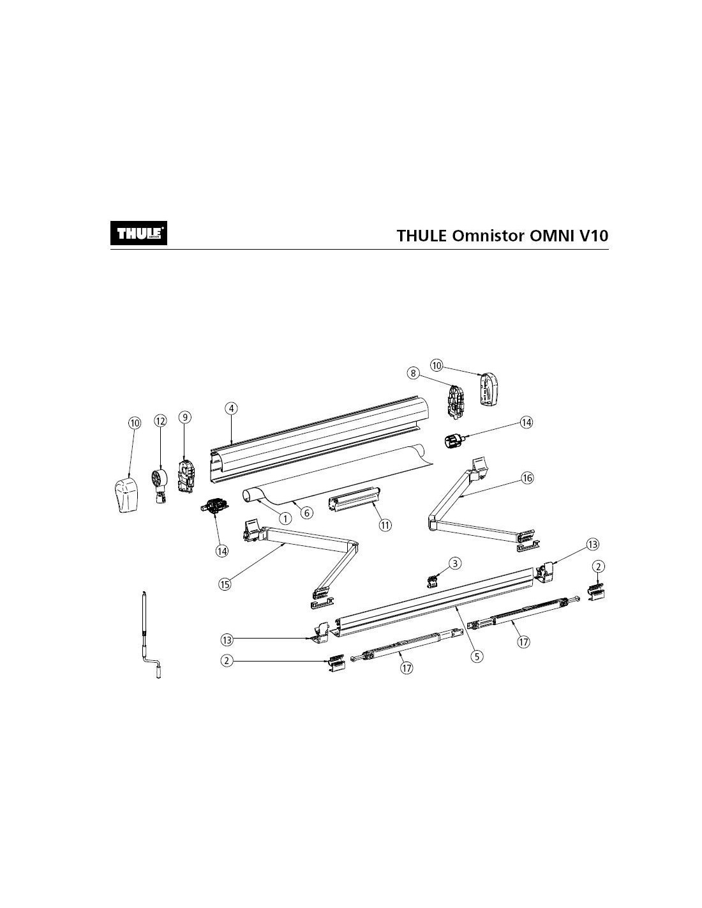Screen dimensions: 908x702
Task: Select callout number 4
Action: [x=232, y=407]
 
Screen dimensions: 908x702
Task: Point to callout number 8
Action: [x=414, y=373]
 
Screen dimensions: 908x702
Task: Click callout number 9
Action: [x=184, y=417]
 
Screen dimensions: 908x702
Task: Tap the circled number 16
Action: [x=527, y=478]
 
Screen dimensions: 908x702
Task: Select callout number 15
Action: [x=224, y=583]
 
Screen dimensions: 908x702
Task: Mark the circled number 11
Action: [x=385, y=525]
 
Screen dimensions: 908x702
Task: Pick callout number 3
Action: [x=454, y=563]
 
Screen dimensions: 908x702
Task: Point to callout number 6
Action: [x=306, y=513]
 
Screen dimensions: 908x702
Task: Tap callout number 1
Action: [x=285, y=519]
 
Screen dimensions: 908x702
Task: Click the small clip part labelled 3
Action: [x=434, y=580]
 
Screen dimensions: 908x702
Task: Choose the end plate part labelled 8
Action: [x=458, y=402]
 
